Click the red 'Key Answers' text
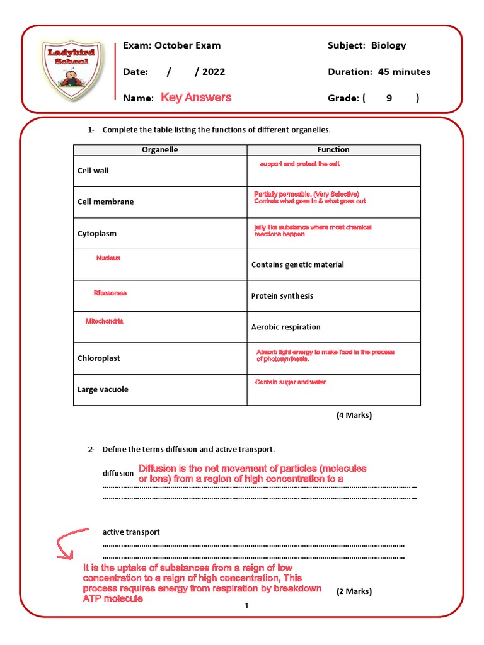pyautogui.click(x=196, y=97)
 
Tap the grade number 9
pyautogui.click(x=389, y=98)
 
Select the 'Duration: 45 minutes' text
pyautogui.click(x=379, y=72)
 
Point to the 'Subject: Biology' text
pyautogui.click(x=367, y=45)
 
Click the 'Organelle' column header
pyautogui.click(x=160, y=150)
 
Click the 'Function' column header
pyautogui.click(x=333, y=150)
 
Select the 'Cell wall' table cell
pyautogui.click(x=93, y=171)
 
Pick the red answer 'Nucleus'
pyautogui.click(x=108, y=258)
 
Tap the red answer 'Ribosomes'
pyautogui.click(x=110, y=294)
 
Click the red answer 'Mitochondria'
pyautogui.click(x=105, y=321)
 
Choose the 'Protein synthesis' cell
pyautogui.click(x=282, y=296)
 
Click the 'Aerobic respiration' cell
pyautogui.click(x=285, y=327)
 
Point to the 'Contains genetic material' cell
pyautogui.click(x=297, y=265)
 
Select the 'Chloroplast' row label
pyautogui.click(x=99, y=358)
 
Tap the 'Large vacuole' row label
pyautogui.click(x=103, y=389)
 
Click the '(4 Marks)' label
pyautogui.click(x=354, y=415)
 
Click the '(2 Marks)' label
pyautogui.click(x=354, y=591)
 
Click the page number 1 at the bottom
pyautogui.click(x=247, y=606)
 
